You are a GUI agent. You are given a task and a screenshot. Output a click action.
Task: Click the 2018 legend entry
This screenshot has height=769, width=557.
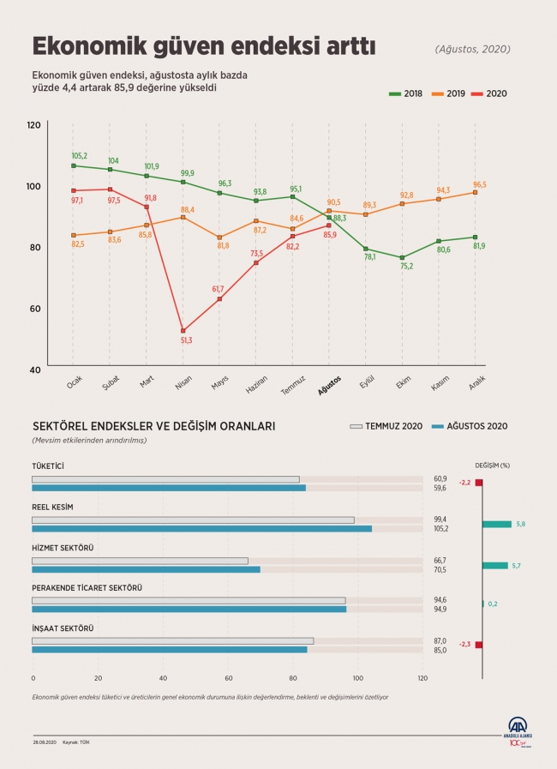(x=407, y=93)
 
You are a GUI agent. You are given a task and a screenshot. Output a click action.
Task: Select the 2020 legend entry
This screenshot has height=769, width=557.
(x=490, y=93)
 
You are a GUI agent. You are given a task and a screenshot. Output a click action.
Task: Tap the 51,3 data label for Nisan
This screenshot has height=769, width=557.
(x=186, y=340)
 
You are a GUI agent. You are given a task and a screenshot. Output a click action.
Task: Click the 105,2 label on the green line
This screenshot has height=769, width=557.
(x=79, y=156)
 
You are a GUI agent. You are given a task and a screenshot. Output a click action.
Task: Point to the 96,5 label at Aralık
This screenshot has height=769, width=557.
(x=479, y=183)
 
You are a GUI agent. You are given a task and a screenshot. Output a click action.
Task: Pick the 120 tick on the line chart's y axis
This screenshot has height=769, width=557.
(x=33, y=125)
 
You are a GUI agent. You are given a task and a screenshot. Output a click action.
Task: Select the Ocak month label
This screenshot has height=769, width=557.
(x=74, y=382)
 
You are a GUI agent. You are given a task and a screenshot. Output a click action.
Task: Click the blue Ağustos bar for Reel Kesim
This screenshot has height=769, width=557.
(x=201, y=529)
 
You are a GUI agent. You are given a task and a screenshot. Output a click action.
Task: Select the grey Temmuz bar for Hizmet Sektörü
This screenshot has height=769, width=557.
(x=140, y=561)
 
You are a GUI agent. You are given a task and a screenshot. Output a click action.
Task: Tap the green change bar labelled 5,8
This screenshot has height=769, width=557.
(x=496, y=524)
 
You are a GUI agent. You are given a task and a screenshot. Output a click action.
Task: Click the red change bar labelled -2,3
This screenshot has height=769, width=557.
(x=479, y=644)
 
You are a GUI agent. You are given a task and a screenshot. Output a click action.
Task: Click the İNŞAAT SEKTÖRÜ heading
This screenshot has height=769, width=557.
(x=63, y=628)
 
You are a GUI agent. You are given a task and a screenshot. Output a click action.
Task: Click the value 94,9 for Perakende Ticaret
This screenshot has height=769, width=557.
(x=440, y=610)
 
